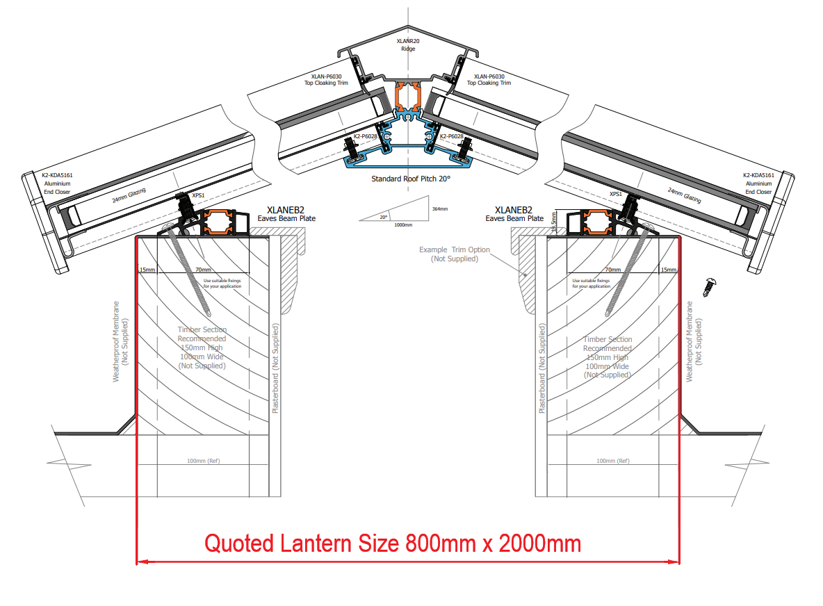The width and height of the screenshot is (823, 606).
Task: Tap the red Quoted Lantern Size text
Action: pos(393,543)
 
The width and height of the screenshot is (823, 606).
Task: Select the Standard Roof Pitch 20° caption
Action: pos(411,179)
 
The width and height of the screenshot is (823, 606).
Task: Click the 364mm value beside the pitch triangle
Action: pos(439,208)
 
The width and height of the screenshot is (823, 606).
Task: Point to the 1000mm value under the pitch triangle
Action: pos(402,225)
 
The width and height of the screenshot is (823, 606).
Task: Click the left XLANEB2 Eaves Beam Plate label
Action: pos(286,213)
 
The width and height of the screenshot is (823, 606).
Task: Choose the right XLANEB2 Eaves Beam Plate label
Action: pos(514,213)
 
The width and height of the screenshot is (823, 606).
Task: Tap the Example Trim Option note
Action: pos(455,254)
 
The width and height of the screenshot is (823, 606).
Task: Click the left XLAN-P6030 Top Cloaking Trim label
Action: pos(326,79)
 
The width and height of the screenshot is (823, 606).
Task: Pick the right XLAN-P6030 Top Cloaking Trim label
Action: pos(489,79)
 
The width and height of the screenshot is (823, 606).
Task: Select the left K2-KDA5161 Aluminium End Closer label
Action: pos(58,183)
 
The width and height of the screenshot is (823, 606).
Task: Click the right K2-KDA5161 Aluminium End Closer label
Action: pos(758,183)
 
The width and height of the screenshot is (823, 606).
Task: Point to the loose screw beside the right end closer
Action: pos(710,285)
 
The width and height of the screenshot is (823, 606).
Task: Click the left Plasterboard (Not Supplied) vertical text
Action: pos(275,368)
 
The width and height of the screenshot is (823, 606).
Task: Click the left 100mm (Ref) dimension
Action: pos(204,461)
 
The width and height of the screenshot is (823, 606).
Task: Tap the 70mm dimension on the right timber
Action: pos(612,270)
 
